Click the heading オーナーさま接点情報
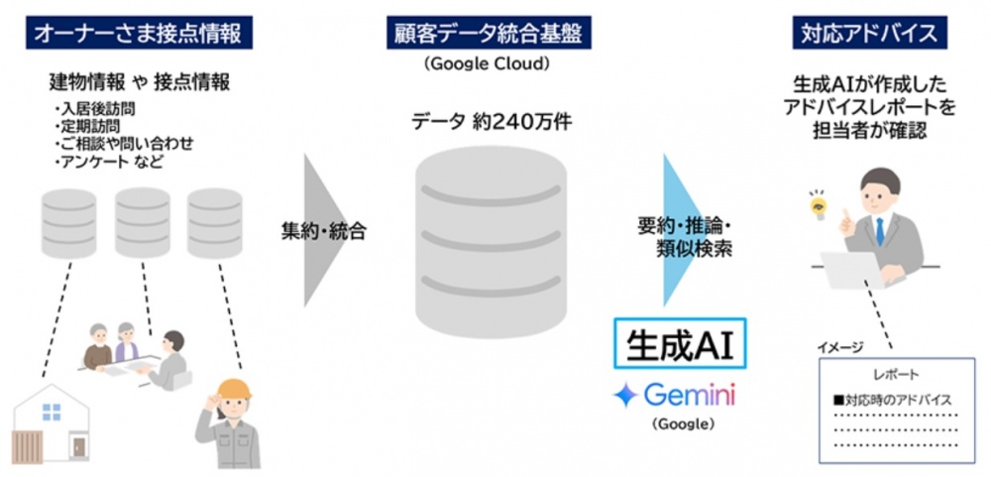coord(139,34)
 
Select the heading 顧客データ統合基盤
coord(490,34)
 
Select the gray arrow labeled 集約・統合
coord(325,230)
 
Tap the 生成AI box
coord(680,343)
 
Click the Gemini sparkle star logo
coord(625,396)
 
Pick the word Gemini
coord(690,396)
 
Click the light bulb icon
coord(820,204)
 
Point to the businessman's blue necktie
coord(879,231)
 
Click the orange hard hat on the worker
coord(232,389)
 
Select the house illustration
coord(52,422)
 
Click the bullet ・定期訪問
coord(88,127)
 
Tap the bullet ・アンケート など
coord(109,162)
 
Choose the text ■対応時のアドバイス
coord(893,400)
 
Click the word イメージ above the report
coord(840,347)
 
